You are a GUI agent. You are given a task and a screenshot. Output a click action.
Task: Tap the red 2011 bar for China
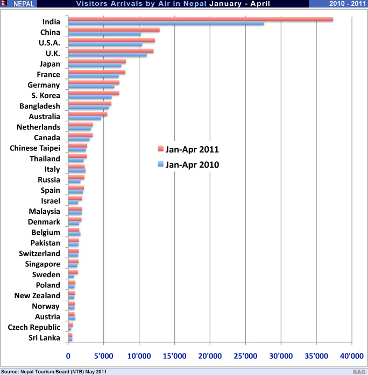[x=114, y=30]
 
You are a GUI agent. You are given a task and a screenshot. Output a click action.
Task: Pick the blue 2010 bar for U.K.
[x=107, y=55]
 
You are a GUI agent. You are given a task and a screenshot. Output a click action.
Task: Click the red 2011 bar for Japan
[x=97, y=62]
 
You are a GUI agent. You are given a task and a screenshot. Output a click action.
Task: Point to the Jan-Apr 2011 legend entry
[x=188, y=148]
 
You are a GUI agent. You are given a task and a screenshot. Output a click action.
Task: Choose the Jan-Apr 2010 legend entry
[x=188, y=165]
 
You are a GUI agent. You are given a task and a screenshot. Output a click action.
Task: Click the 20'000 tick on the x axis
[x=210, y=355]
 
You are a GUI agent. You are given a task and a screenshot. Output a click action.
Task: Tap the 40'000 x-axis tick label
[x=351, y=355]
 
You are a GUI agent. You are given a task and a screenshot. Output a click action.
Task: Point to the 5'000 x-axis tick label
[x=103, y=355]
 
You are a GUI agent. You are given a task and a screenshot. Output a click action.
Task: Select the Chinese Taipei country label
[x=35, y=148]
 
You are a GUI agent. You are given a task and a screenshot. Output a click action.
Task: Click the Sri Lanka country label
[x=45, y=338]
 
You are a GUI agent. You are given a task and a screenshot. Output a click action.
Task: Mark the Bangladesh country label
[x=39, y=106]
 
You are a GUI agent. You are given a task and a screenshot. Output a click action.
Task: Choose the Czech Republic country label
[x=34, y=327]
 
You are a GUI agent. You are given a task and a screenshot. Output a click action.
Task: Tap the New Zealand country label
[x=37, y=295]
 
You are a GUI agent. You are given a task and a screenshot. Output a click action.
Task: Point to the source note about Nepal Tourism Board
[x=56, y=371]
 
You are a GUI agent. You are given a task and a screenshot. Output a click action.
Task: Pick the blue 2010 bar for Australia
[x=84, y=118]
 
